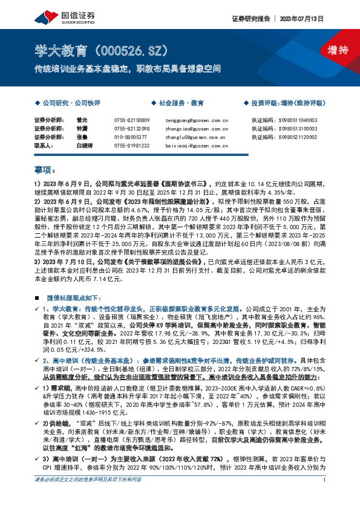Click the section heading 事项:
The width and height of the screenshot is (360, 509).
pyautogui.click(x=45, y=170)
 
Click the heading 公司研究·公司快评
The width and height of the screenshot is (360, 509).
pyautogui.click(x=65, y=103)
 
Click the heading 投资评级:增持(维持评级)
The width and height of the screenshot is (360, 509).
pyautogui.click(x=288, y=103)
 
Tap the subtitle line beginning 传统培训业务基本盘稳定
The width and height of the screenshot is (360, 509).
pyautogui.click(x=127, y=69)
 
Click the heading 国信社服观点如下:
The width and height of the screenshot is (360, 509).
pyautogui.click(x=70, y=299)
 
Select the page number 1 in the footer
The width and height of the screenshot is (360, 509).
pyautogui.click(x=325, y=497)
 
